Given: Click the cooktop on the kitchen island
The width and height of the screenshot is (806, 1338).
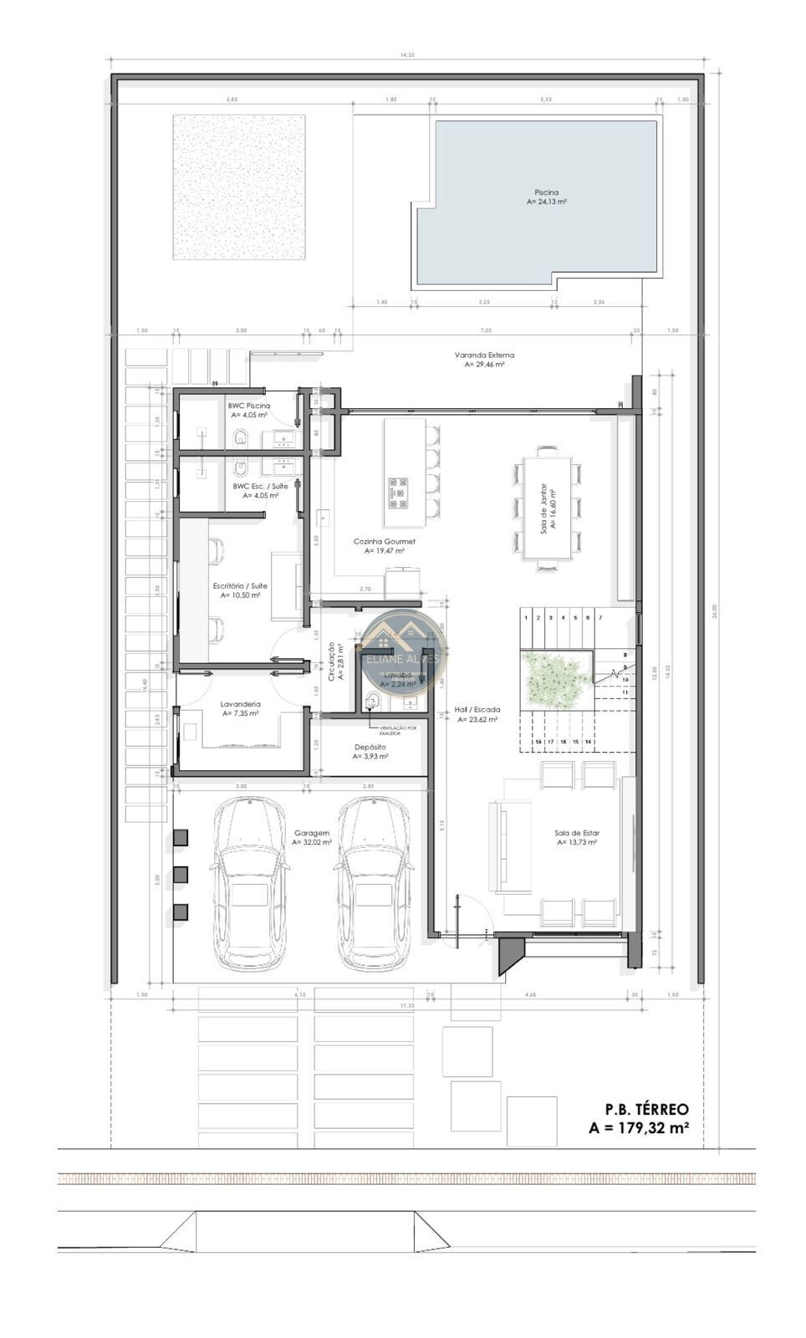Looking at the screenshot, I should pyautogui.click(x=398, y=493).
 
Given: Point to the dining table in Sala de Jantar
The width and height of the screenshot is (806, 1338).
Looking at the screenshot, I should pyautogui.click(x=547, y=508).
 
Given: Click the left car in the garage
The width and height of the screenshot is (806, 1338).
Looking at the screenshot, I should pyautogui.click(x=249, y=883).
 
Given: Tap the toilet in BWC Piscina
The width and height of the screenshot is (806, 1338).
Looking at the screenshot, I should pyautogui.click(x=242, y=437).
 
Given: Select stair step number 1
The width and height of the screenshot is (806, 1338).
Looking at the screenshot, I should pyautogui.click(x=526, y=618).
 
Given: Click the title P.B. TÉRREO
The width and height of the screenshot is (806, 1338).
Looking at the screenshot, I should pyautogui.click(x=646, y=1109).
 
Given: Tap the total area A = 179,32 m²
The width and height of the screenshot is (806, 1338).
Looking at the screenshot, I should pyautogui.click(x=639, y=1127).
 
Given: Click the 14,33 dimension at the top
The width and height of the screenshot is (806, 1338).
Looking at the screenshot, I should pyautogui.click(x=406, y=54).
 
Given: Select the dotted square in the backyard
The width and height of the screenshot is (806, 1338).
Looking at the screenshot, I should pyautogui.click(x=239, y=187).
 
